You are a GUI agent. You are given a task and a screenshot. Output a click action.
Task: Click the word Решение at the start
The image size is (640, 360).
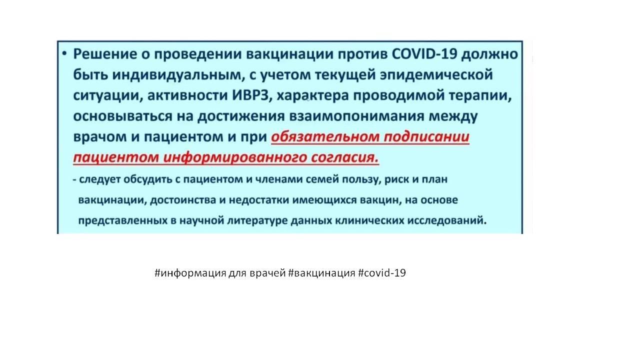click(x=104, y=53)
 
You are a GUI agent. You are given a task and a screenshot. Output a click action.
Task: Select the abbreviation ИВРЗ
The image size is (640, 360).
click(x=250, y=95)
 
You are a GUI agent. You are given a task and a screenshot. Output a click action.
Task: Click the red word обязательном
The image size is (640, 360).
click(x=325, y=137)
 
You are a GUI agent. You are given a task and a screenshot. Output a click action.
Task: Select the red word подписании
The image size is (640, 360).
click(x=426, y=137)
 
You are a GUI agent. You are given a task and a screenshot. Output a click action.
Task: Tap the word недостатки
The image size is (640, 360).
click(x=259, y=200)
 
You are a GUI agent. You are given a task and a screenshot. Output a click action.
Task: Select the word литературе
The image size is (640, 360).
click(x=257, y=221)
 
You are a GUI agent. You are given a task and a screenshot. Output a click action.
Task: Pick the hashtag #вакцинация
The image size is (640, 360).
click(x=321, y=273)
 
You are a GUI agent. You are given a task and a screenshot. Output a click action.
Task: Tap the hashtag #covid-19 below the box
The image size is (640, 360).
click(x=381, y=273)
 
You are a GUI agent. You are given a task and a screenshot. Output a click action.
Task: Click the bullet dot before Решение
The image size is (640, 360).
click(x=64, y=53)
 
